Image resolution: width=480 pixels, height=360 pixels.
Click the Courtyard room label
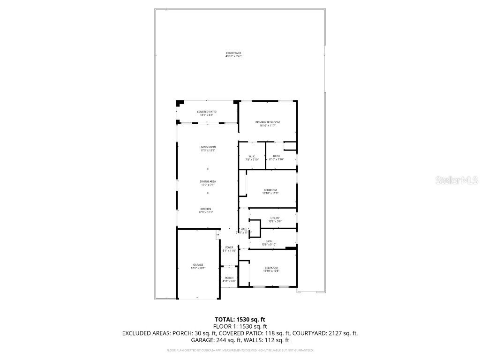point(233,55)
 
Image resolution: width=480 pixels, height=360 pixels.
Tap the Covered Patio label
point(207,113)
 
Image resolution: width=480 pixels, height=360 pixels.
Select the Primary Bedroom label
point(268,124)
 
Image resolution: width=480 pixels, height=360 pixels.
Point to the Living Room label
point(208,149)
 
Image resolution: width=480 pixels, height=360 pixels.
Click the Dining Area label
point(208,183)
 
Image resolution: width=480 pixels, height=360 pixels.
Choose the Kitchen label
point(206,210)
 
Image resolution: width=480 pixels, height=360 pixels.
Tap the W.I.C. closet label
point(252,158)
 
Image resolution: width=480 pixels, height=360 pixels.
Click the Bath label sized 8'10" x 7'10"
point(277,158)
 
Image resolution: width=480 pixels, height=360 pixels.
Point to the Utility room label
point(275,219)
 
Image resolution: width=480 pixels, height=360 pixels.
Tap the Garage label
point(198,266)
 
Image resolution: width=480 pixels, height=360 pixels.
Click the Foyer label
point(229,248)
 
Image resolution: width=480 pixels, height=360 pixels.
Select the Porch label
point(229,279)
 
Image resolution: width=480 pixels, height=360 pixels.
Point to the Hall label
point(244,230)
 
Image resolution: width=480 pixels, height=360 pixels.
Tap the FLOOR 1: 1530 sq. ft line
point(240,326)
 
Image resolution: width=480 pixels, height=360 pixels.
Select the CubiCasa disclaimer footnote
point(240,350)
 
